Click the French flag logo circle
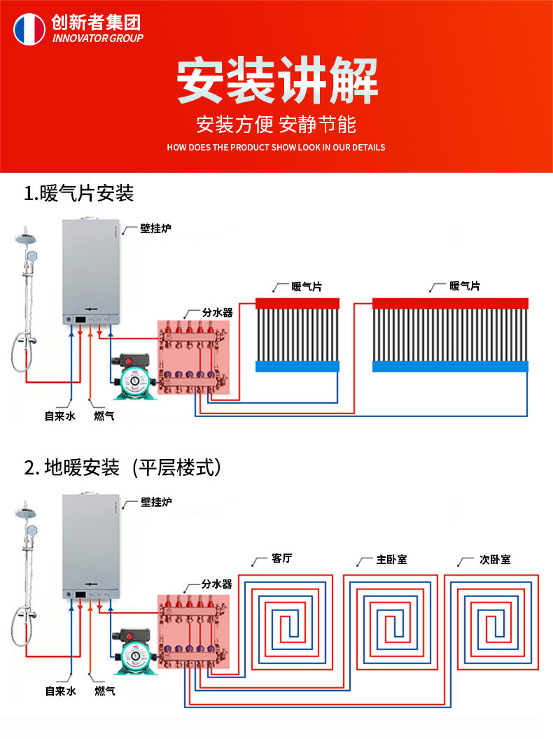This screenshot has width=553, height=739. pos(29,29)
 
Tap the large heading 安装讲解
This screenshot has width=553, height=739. pos(276,82)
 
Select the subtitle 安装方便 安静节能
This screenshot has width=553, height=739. pos(276,125)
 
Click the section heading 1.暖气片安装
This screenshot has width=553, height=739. pos(78,193)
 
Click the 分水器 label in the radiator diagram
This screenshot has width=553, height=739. pos(217,312)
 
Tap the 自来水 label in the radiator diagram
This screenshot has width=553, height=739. pos(59,416)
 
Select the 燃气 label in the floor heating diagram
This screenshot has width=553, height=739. pos(104,691)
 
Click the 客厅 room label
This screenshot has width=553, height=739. pos(281,559)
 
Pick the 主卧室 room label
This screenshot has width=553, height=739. pos(391,559)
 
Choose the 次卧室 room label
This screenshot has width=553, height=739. pos(495,559)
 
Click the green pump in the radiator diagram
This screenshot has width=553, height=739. pos(133,379)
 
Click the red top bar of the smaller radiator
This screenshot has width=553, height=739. pos(297,303)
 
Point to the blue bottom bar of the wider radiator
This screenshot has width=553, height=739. pos(450,366)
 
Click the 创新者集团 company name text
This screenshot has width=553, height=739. pos(96,22)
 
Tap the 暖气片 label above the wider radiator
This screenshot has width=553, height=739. pos(465,286)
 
